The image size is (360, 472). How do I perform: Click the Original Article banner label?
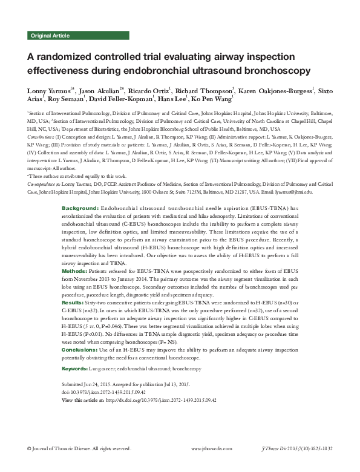49,36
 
